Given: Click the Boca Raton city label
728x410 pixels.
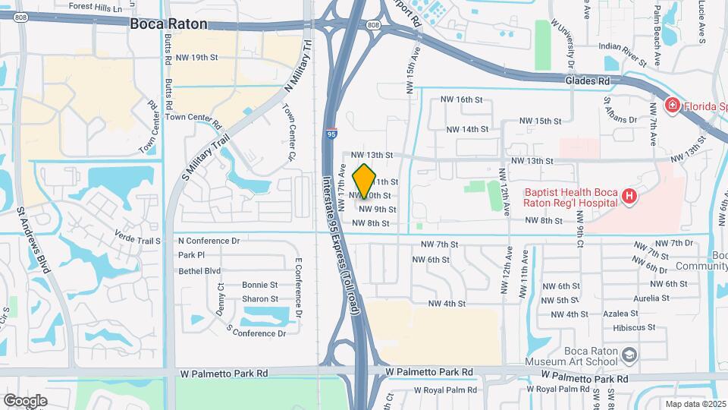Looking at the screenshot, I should [x=168, y=24].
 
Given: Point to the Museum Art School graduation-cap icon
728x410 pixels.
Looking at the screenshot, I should [x=629, y=355].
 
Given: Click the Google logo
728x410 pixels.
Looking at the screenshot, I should [x=25, y=400].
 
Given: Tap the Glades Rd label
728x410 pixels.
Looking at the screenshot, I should [x=588, y=80].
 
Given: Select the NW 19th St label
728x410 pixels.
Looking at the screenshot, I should [x=196, y=57].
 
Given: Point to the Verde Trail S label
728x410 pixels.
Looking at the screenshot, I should [x=137, y=241].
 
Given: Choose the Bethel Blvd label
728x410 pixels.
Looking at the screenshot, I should [x=199, y=270].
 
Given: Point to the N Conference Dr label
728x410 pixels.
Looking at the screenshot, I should [x=209, y=241].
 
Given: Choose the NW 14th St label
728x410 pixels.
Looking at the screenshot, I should [x=467, y=129].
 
